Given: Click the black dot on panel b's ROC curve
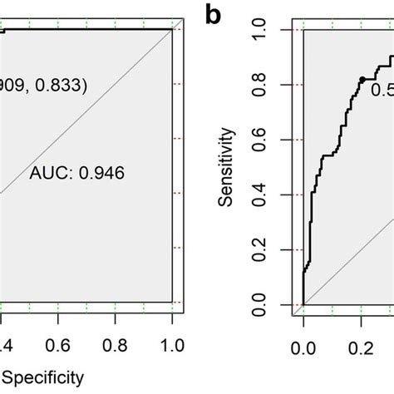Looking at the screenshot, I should pyautogui.click(x=362, y=79).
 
